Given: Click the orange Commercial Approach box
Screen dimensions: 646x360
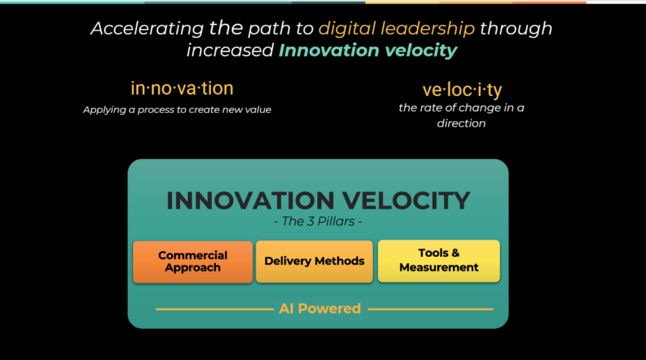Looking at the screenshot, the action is point(193,262).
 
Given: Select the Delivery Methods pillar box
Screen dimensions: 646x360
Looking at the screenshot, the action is point(315,262).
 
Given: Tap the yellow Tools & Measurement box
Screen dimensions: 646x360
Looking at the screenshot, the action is point(439,261).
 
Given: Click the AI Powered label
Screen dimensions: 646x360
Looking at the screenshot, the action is point(320,308).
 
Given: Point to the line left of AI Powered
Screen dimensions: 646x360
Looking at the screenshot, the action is point(214,309).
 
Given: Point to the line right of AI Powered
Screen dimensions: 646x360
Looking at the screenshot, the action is point(430,309).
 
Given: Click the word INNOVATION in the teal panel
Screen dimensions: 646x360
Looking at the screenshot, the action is point(251,201).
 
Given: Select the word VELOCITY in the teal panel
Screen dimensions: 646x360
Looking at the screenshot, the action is point(407,201).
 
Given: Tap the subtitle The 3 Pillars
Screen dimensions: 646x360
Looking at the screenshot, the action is point(318,221).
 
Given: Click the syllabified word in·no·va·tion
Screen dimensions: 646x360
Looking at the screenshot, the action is point(182,88).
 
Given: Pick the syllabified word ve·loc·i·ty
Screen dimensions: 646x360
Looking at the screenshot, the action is point(462,90).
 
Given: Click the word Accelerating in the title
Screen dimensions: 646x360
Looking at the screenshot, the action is point(148,29).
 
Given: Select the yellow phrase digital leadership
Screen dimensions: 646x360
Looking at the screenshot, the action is point(397,29).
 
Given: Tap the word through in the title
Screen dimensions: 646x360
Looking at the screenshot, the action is point(516,29).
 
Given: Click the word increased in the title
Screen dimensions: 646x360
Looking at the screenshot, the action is point(230,50).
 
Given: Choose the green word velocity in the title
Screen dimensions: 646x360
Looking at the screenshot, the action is point(421,51).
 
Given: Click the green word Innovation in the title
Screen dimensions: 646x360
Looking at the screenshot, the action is point(329,50).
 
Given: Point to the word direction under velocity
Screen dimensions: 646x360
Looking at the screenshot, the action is point(462,123).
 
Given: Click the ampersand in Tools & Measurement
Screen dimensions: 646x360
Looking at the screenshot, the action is point(455,253).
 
